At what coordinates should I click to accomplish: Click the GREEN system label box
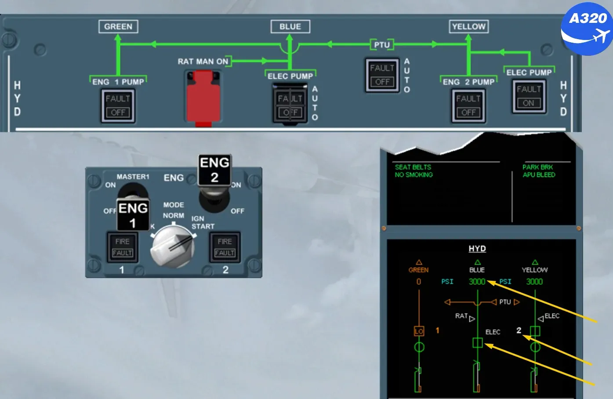coord(118,26)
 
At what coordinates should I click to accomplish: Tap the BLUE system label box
coord(290,26)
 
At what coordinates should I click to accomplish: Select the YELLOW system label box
coord(469,26)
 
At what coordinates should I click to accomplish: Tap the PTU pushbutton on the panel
coord(382,75)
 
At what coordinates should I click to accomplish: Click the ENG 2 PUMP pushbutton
coord(468,105)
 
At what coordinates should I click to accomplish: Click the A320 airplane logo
coord(587,29)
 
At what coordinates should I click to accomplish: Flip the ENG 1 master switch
coord(133,208)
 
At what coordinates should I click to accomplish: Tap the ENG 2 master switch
coord(214,183)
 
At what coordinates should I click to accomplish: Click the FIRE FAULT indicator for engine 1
coord(122,247)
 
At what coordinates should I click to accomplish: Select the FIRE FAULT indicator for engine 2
coord(225,247)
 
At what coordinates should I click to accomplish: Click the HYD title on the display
coord(477,248)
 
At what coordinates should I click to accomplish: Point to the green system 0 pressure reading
coord(418,282)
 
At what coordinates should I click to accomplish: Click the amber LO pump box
coord(419,331)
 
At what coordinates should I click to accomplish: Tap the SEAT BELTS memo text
coord(413,167)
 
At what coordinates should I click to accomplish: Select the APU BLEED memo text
coord(539,175)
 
